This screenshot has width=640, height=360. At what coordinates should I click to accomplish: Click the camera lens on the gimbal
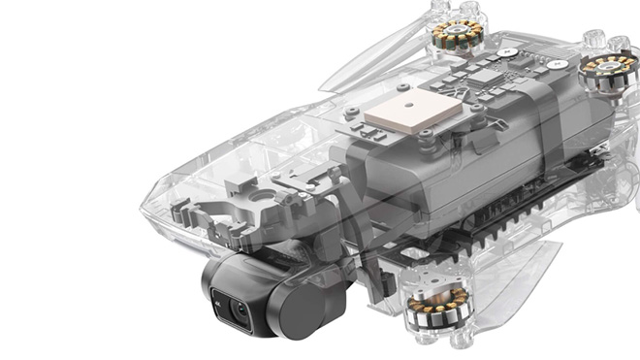(238, 310)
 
